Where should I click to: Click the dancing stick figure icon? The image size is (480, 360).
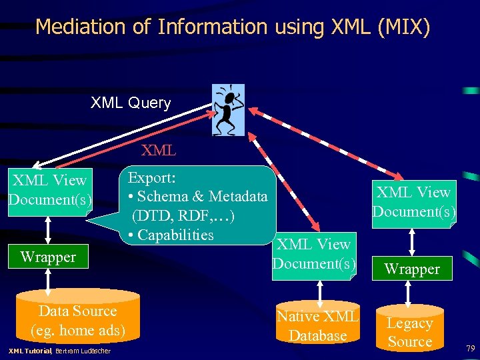coord(227,109)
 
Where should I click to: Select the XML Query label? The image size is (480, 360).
coord(131,103)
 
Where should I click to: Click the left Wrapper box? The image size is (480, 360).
coord(48,257)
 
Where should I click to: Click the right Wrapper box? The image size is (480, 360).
coord(412,269)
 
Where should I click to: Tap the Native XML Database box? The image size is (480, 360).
coord(317,326)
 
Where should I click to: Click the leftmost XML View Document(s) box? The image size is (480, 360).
coord(49,190)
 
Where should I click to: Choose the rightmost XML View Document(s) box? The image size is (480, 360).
coord(413,202)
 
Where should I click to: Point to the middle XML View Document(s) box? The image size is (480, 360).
coord(314,253)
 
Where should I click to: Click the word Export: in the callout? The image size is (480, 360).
coord(151,178)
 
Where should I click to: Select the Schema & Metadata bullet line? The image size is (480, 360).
coord(197,197)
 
